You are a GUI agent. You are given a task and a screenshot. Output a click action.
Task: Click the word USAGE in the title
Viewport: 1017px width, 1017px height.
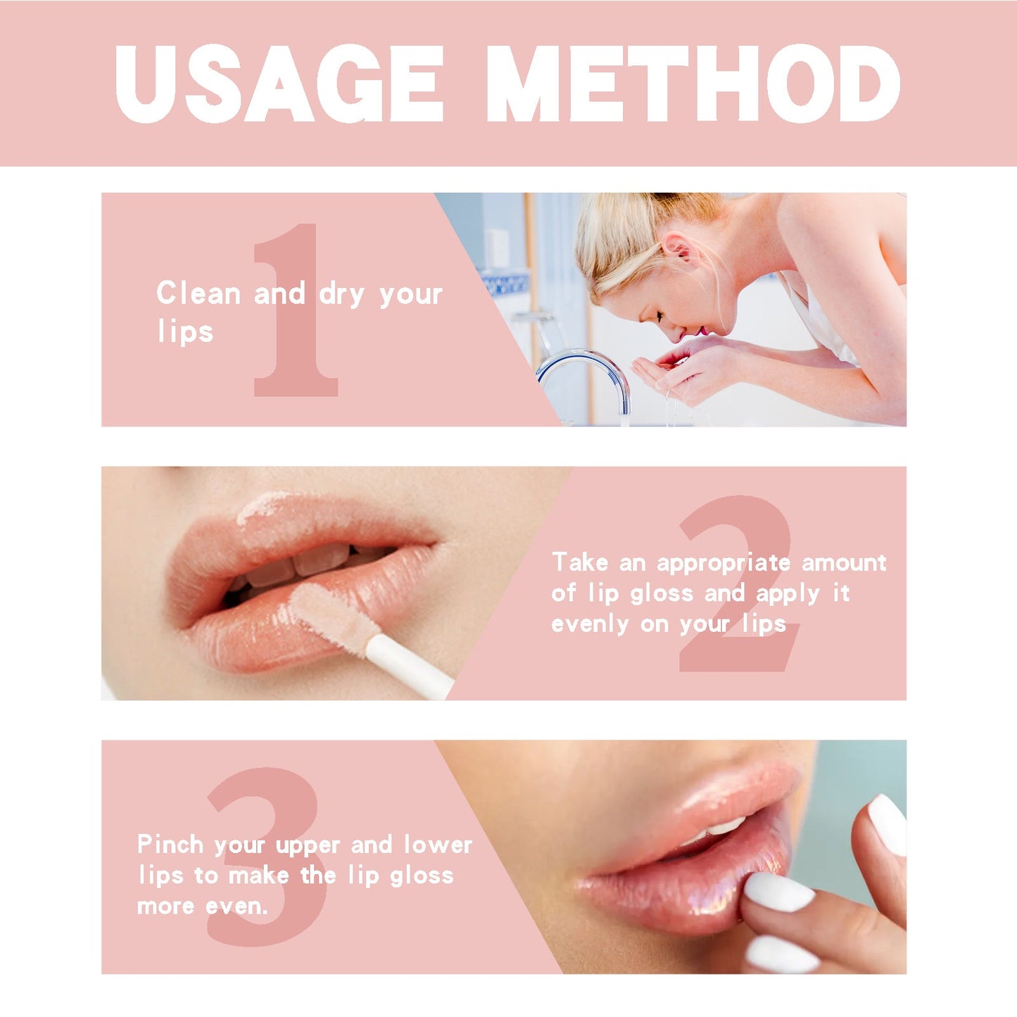point(279,84)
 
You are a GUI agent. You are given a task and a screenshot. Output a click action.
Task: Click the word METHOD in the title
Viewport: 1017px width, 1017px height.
point(693,84)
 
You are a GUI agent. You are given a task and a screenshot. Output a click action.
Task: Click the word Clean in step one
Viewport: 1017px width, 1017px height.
point(198,293)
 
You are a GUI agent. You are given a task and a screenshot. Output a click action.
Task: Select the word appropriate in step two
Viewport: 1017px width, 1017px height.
point(724,564)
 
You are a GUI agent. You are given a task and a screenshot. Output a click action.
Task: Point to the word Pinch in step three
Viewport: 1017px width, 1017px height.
point(170,845)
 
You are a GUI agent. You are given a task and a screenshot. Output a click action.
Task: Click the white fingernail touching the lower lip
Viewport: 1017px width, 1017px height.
point(778,892)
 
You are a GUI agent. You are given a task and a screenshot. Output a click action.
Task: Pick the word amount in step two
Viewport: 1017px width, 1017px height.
point(844,563)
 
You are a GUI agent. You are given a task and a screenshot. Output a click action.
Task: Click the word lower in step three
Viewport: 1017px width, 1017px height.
point(438,845)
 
